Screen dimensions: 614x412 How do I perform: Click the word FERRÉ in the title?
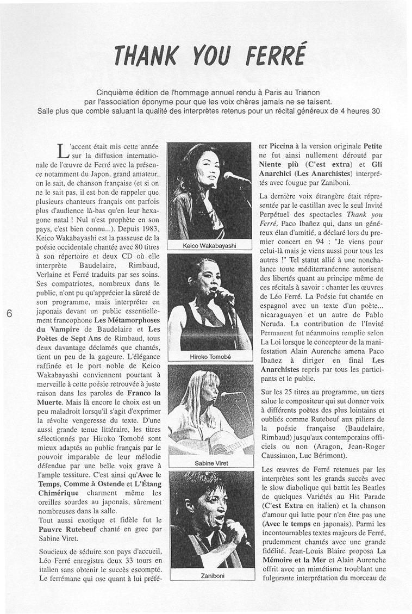276,54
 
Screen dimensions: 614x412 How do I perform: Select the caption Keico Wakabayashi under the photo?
209,246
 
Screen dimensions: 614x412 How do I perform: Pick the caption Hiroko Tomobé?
210,357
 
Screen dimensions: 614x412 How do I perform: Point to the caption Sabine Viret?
210,463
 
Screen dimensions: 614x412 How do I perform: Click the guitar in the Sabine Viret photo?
223,443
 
